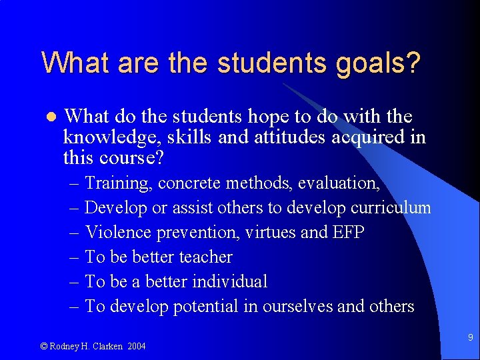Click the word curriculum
point(392,207)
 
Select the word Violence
point(118,232)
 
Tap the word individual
point(229,281)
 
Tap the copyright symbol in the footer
point(44,346)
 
